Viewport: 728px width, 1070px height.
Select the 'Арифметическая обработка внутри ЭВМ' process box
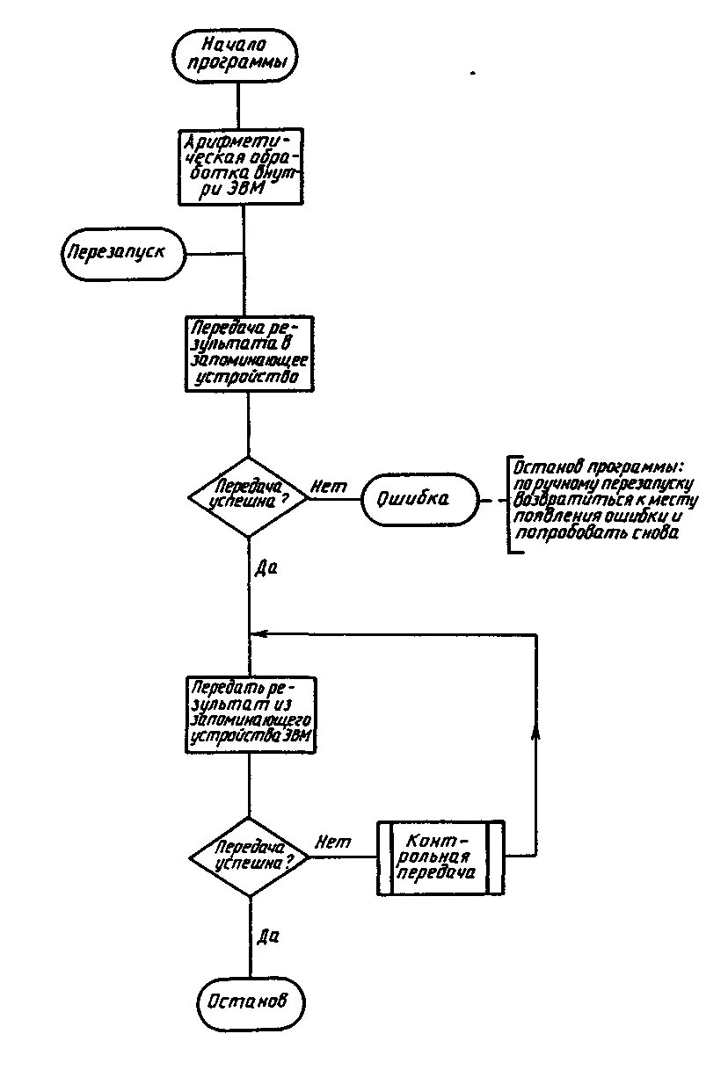pyautogui.click(x=240, y=167)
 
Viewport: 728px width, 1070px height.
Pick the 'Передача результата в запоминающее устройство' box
pyautogui.click(x=249, y=352)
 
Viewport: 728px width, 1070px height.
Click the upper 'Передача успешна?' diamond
pyautogui.click(x=250, y=496)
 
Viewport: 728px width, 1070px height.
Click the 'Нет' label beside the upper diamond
pyautogui.click(x=329, y=487)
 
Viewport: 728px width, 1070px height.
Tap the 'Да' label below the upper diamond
pyautogui.click(x=266, y=568)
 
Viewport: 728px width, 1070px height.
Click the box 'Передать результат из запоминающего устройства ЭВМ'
pyautogui.click(x=251, y=713)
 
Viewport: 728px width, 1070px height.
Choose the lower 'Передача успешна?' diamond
pyautogui.click(x=251, y=856)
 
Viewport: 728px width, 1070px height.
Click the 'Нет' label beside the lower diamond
pyautogui.click(x=332, y=842)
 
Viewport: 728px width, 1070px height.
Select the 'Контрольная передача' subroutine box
pyautogui.click(x=440, y=857)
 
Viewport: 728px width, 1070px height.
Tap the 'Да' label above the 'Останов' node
pyautogui.click(x=268, y=936)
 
